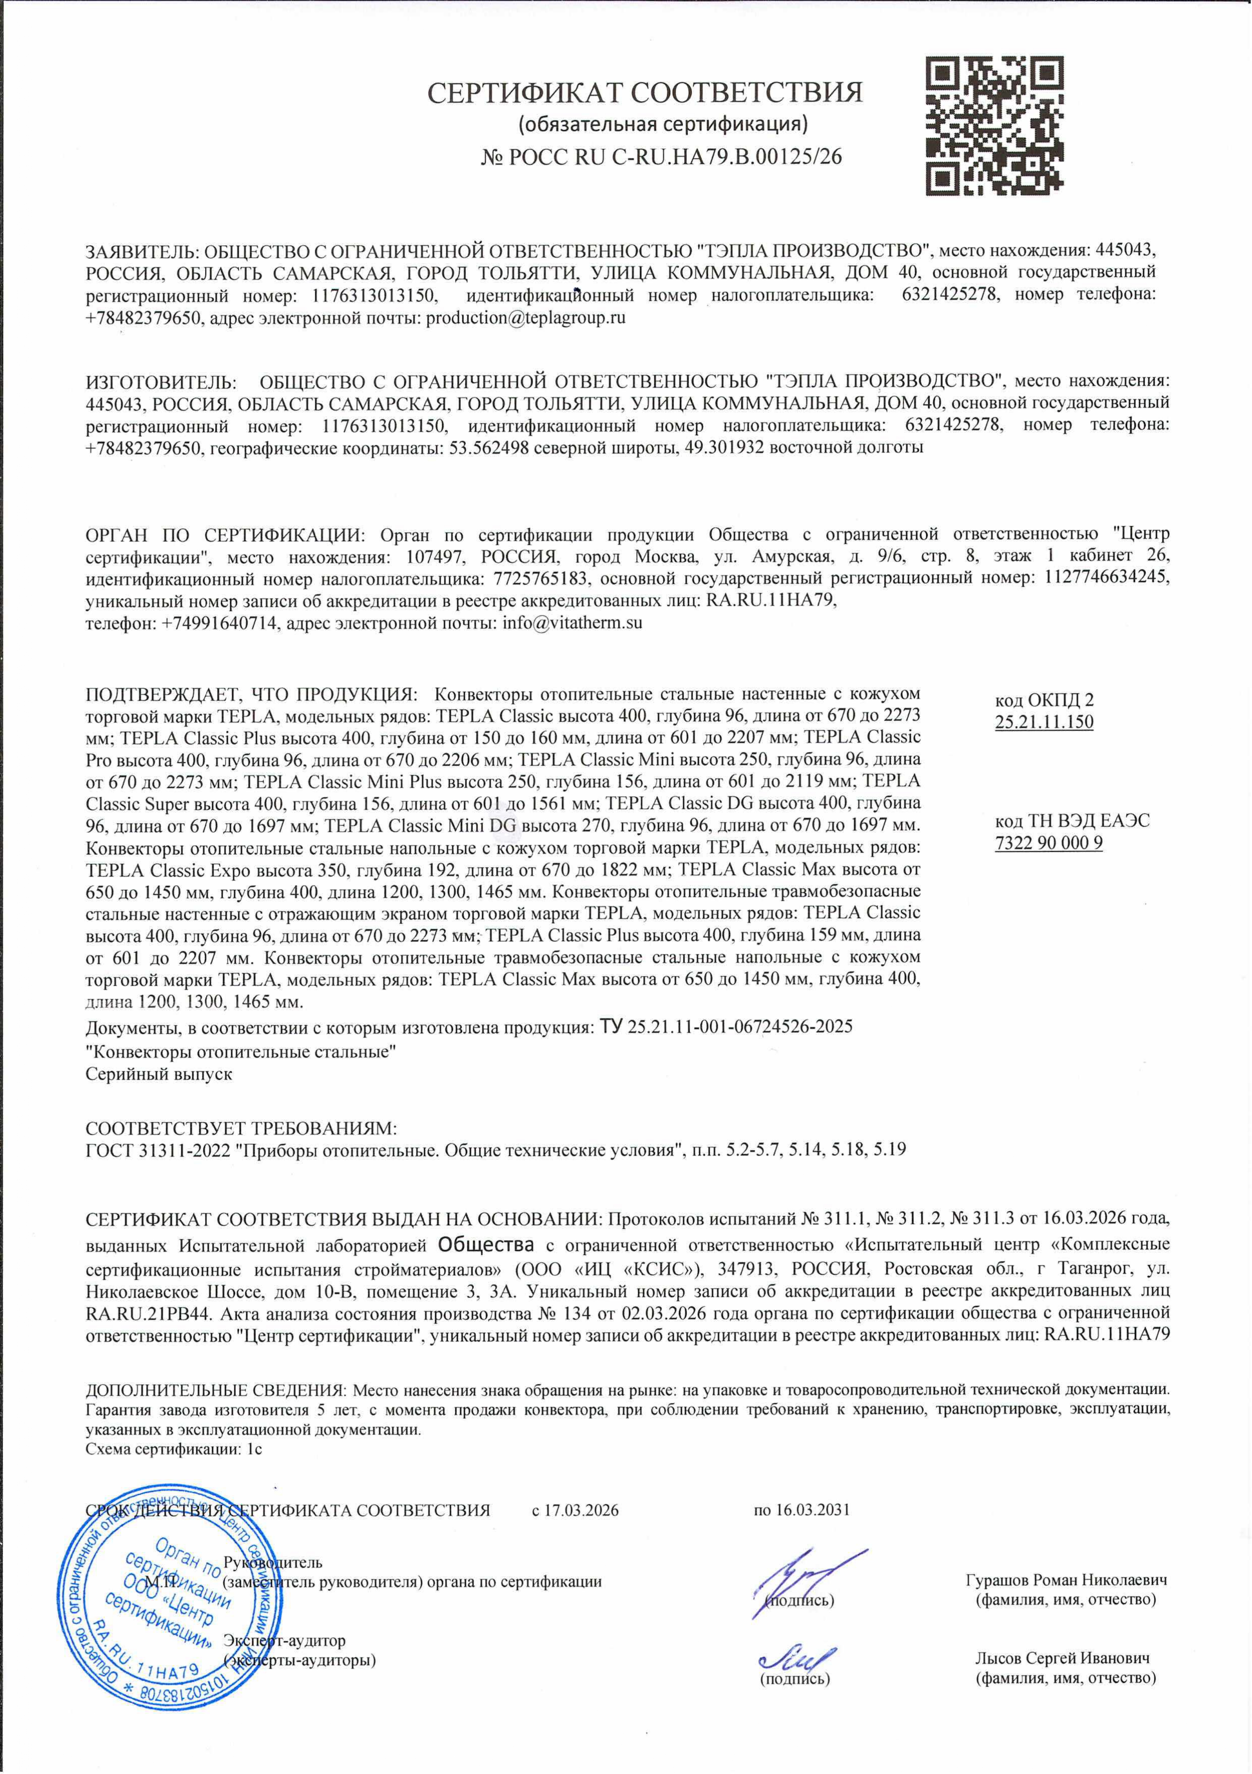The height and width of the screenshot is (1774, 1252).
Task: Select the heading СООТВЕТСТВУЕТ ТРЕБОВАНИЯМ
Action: [240, 1127]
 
